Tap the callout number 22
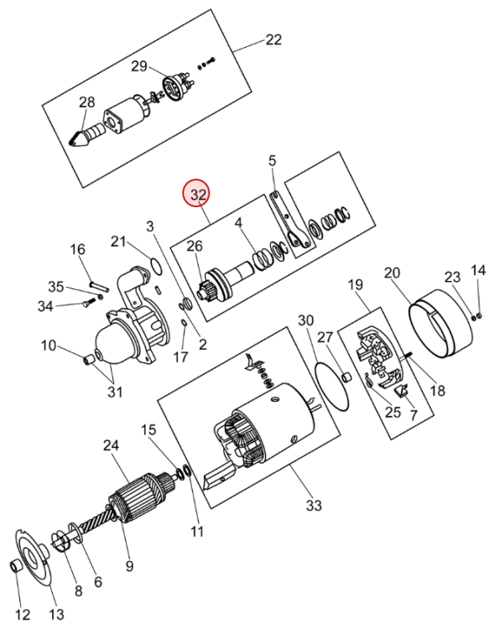pos(273,39)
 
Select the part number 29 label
pos(139,65)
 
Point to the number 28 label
pos(86,101)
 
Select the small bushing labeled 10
pos(89,360)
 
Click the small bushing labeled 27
pos(346,378)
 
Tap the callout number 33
pos(314,505)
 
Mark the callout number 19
pos(355,285)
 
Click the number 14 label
pos(478,270)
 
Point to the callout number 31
pos(115,392)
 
